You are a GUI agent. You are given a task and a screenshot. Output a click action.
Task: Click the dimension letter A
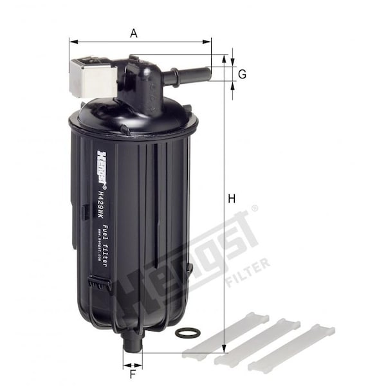tap(134, 33)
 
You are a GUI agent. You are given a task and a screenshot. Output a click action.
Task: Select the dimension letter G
tap(242, 75)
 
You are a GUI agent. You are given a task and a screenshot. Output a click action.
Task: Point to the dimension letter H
tap(232, 199)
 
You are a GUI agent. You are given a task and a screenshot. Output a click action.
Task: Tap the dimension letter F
tap(133, 373)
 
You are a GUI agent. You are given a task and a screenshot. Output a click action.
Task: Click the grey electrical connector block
tap(92, 77)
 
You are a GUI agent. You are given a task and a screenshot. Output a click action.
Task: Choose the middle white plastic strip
tap(257, 341)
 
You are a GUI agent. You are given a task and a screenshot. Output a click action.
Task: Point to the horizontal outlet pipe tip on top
tap(205, 75)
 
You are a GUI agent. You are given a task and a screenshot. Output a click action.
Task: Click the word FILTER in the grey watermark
tap(248, 270)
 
